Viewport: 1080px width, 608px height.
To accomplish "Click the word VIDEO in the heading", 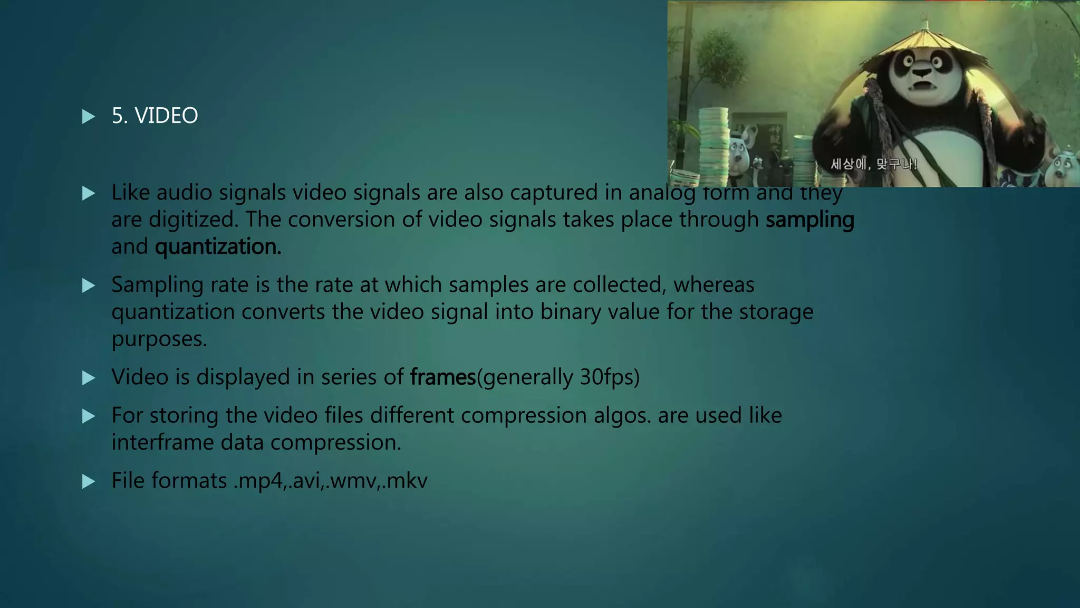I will (x=166, y=116).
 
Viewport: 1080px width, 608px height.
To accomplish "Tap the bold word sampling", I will (x=809, y=220).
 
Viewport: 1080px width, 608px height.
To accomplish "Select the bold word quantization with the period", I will (x=218, y=247).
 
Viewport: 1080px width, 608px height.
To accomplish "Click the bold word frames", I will (x=443, y=377).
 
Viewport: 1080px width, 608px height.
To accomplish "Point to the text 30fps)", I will (x=610, y=377).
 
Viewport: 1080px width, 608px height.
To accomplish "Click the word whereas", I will (x=713, y=285).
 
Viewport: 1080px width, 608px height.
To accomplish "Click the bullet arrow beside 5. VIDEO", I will (x=89, y=116).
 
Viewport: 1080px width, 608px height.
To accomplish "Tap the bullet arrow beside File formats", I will (x=89, y=481).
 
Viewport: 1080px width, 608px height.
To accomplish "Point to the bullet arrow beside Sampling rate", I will (x=89, y=286).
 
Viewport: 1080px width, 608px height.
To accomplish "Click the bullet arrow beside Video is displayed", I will (x=89, y=378).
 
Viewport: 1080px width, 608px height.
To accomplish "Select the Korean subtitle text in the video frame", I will (x=874, y=164).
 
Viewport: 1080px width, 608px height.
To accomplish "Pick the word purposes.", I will (x=159, y=339).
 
